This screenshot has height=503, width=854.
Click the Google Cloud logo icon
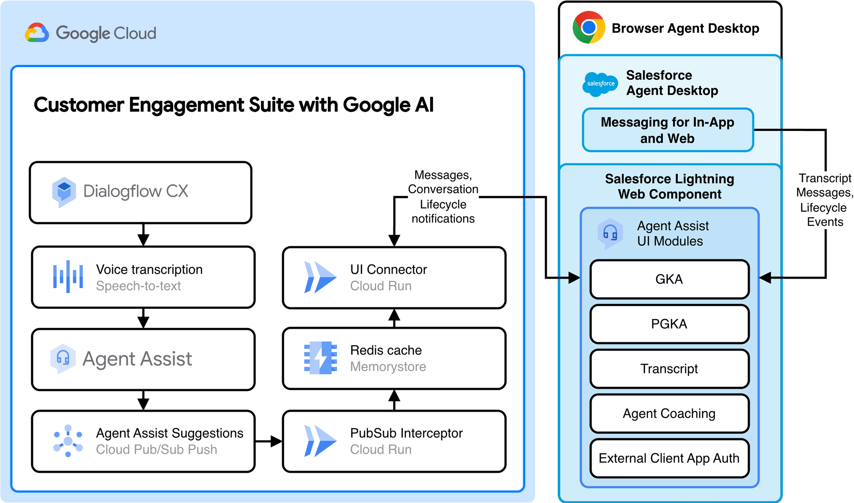[37, 33]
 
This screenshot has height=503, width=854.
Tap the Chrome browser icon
[588, 27]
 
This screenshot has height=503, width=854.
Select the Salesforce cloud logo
[600, 84]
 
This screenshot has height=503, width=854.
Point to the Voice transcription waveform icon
[68, 277]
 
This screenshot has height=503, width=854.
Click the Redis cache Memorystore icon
[320, 358]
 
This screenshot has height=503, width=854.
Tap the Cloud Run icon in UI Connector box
[320, 277]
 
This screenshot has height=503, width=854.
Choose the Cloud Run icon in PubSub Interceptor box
[320, 441]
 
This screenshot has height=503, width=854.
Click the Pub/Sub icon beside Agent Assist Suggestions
[68, 441]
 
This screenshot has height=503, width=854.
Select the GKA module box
[669, 279]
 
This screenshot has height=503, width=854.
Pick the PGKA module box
[669, 324]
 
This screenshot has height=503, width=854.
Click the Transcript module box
[669, 369]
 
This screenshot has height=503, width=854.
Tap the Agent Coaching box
[669, 414]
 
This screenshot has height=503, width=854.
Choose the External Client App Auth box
[669, 459]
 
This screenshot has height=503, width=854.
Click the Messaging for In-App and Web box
[667, 130]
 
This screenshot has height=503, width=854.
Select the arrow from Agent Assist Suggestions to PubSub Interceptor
[269, 441]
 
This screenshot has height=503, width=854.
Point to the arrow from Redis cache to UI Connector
[394, 318]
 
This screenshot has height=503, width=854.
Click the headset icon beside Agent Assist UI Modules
[610, 233]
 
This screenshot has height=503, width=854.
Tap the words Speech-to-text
[138, 286]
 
